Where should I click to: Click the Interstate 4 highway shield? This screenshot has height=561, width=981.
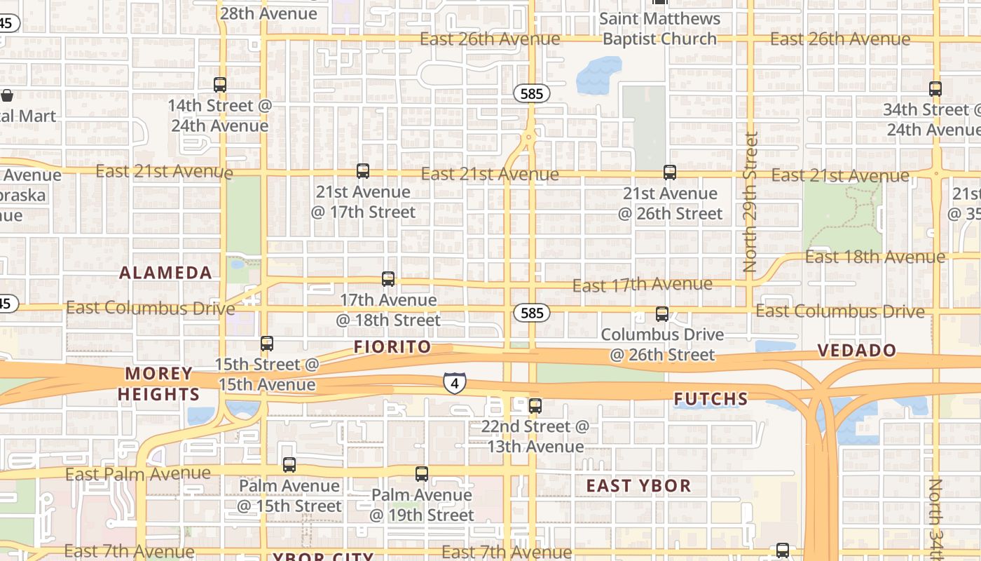[455, 384]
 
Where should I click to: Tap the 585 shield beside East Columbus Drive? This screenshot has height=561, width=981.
[532, 313]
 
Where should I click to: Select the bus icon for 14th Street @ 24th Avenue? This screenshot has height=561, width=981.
[220, 85]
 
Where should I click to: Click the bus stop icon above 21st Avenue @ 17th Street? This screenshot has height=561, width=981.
[362, 171]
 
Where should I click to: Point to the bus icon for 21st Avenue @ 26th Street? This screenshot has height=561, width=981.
[670, 173]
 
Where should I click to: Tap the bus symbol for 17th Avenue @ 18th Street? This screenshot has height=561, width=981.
[388, 279]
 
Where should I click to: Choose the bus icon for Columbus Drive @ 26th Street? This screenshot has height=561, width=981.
[662, 314]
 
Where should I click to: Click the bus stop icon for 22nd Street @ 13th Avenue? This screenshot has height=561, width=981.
[535, 405]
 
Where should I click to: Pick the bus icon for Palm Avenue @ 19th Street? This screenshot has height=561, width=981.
[422, 474]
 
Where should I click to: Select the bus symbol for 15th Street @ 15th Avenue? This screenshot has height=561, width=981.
[266, 344]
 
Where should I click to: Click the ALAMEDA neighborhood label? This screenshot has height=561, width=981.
[165, 273]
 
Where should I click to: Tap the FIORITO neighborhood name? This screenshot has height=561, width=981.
[392, 347]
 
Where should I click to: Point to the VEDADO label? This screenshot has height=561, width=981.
[857, 351]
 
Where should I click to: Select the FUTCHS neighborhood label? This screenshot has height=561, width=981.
[711, 400]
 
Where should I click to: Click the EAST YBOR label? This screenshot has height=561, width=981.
[638, 486]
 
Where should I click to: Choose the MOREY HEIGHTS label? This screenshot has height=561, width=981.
[159, 384]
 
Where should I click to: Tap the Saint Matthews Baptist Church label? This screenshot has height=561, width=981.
[660, 29]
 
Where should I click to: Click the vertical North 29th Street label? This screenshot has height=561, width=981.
[750, 202]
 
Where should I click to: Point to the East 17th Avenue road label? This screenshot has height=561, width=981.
[642, 285]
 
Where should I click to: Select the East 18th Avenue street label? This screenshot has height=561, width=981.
[874, 257]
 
